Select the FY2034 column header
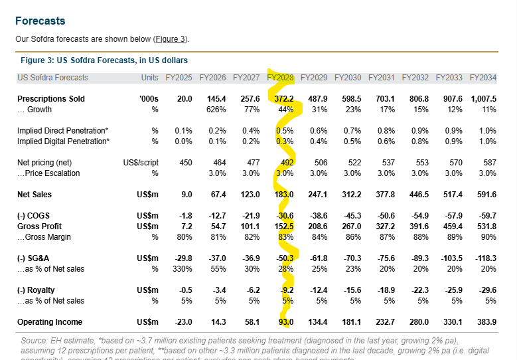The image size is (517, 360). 482,78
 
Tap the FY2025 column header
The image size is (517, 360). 179,78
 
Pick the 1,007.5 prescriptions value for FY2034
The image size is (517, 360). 482,99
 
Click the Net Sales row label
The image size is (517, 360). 35,195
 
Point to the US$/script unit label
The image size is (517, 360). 141,163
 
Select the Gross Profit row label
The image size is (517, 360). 40,226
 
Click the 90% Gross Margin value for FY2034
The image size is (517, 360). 488,237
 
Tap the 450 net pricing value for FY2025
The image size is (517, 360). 185,163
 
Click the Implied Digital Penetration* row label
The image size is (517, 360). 63,141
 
